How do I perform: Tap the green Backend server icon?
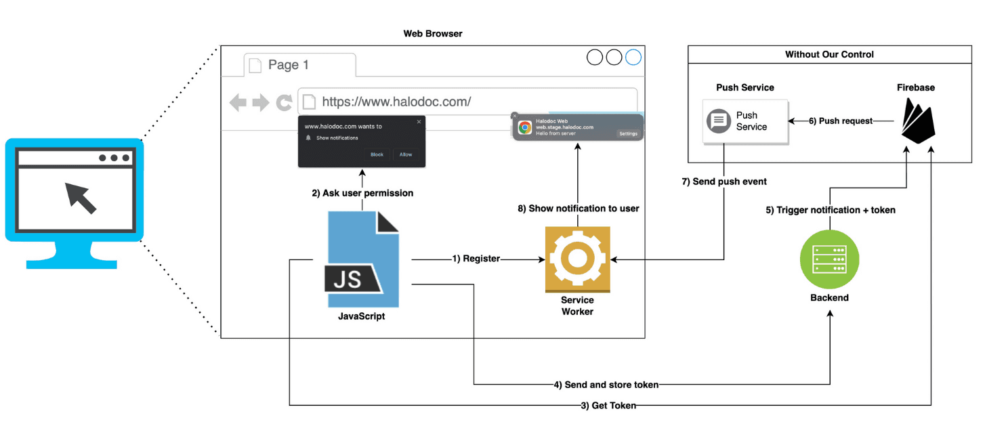click(829, 259)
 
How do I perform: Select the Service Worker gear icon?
click(577, 259)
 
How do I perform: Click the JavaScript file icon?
click(362, 259)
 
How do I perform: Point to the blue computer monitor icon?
click(75, 200)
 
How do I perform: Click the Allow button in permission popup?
click(406, 154)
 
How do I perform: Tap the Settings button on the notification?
click(628, 133)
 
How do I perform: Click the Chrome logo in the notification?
click(525, 127)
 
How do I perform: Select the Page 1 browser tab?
click(289, 65)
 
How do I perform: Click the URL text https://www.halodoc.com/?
click(396, 102)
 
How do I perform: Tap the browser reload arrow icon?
click(285, 103)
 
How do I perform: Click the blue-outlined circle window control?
click(633, 58)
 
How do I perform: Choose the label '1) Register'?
click(476, 259)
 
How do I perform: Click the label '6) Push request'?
click(840, 121)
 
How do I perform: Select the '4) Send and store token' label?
click(606, 385)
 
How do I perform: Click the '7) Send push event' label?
click(724, 182)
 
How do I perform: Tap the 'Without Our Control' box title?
click(829, 54)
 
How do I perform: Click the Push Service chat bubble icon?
click(719, 121)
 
